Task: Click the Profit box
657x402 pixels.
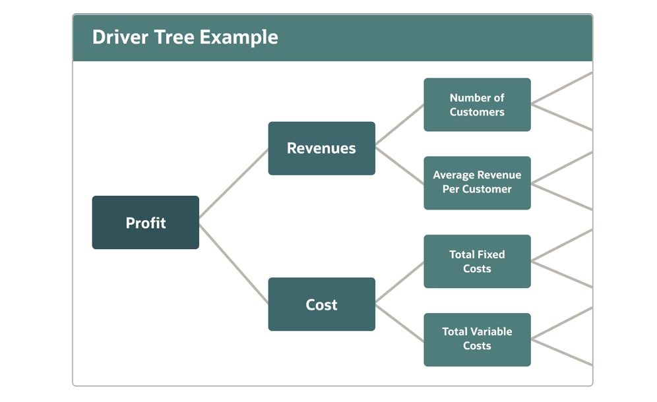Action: pos(145,222)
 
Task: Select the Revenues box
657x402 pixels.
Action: pos(321,148)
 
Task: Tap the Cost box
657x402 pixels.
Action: pos(321,304)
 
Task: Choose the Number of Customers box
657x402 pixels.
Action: pos(477,105)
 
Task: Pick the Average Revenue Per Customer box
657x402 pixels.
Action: pos(477,183)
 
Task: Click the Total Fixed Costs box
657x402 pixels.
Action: pos(477,261)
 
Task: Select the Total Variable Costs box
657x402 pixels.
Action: pos(477,339)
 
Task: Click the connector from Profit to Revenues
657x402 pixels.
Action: pos(234,183)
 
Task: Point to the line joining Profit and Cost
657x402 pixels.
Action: pos(234,264)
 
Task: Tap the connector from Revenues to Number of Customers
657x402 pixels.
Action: pos(400,125)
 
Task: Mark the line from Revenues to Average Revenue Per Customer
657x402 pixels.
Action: pos(400,165)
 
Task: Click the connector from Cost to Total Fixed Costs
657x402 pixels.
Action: pos(400,282)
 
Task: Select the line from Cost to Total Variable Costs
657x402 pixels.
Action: pos(400,323)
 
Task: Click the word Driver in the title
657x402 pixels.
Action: pos(120,38)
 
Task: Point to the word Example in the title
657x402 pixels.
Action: pos(239,38)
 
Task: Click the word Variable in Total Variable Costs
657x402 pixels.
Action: pos(487,331)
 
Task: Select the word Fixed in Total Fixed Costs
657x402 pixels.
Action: pos(491,254)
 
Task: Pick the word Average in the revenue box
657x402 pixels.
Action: pos(451,175)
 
